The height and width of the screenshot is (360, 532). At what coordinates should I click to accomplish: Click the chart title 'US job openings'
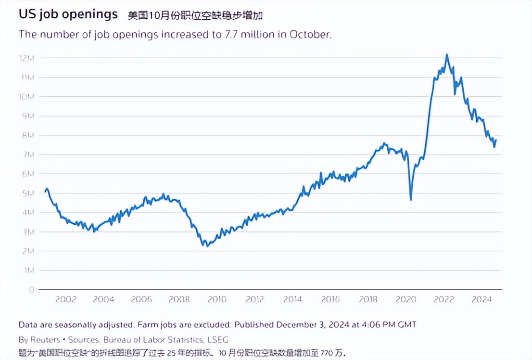(68, 14)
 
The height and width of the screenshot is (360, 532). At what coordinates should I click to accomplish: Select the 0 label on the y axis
(32, 290)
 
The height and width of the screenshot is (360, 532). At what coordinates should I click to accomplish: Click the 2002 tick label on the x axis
(65, 299)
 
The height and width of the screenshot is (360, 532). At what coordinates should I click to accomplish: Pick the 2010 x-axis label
(217, 299)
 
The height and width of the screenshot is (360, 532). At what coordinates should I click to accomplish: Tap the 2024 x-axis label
(481, 299)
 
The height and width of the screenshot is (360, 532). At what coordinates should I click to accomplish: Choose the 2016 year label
(330, 299)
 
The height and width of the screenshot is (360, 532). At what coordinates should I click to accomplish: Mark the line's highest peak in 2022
(447, 55)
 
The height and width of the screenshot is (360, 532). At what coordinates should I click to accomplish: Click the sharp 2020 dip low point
(411, 199)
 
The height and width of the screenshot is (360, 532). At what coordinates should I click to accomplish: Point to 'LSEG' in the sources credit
(217, 339)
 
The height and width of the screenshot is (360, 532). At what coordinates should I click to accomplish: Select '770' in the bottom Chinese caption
(328, 353)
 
